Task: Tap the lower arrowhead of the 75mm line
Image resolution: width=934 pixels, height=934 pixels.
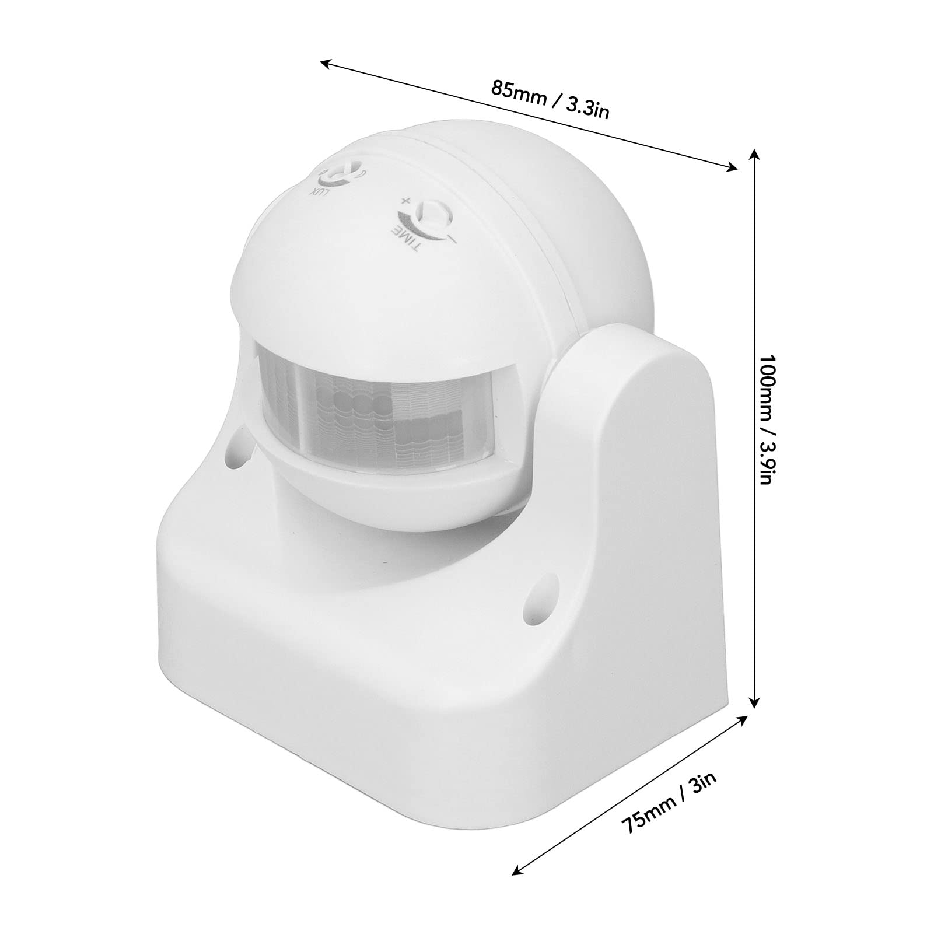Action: tap(515, 888)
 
